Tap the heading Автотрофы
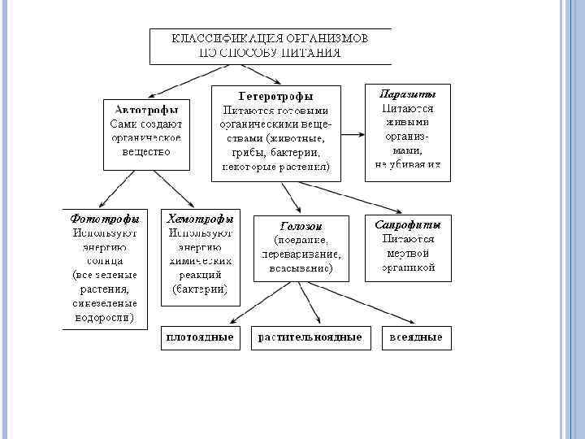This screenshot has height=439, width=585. coord(146,108)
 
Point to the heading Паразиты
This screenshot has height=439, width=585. coord(408,93)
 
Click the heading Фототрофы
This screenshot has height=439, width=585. coord(105,219)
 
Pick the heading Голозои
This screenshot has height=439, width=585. coord(301,226)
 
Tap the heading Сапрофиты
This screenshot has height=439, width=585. coord(408,224)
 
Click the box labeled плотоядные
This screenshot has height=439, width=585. coord(199,337)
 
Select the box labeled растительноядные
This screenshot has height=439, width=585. coord(310,337)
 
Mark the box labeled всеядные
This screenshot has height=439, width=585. coord(415,337)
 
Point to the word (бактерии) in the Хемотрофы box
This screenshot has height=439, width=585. coord(200,289)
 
